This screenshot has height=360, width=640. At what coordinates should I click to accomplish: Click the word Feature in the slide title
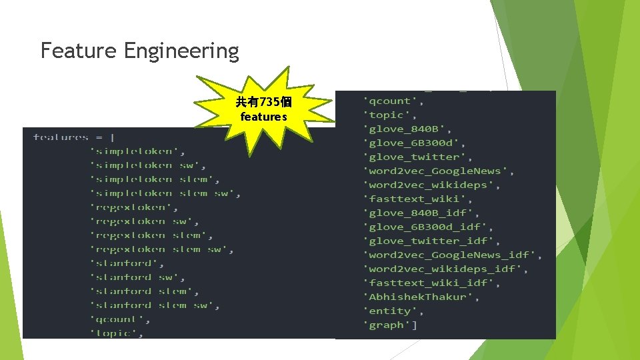coord(79,51)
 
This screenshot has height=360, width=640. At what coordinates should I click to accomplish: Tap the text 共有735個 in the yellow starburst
coord(263,102)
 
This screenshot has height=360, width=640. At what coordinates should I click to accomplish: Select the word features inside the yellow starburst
coord(263,117)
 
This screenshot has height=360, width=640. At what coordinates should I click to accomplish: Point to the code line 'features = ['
coord(74,137)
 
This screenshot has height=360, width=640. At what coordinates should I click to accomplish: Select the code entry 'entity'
coord(394,311)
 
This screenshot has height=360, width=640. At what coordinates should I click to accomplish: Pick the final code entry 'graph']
coord(391,325)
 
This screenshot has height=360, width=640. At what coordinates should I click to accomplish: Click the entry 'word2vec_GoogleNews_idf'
coord(453,255)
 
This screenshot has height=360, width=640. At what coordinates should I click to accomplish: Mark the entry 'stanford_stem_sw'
coord(155,305)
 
